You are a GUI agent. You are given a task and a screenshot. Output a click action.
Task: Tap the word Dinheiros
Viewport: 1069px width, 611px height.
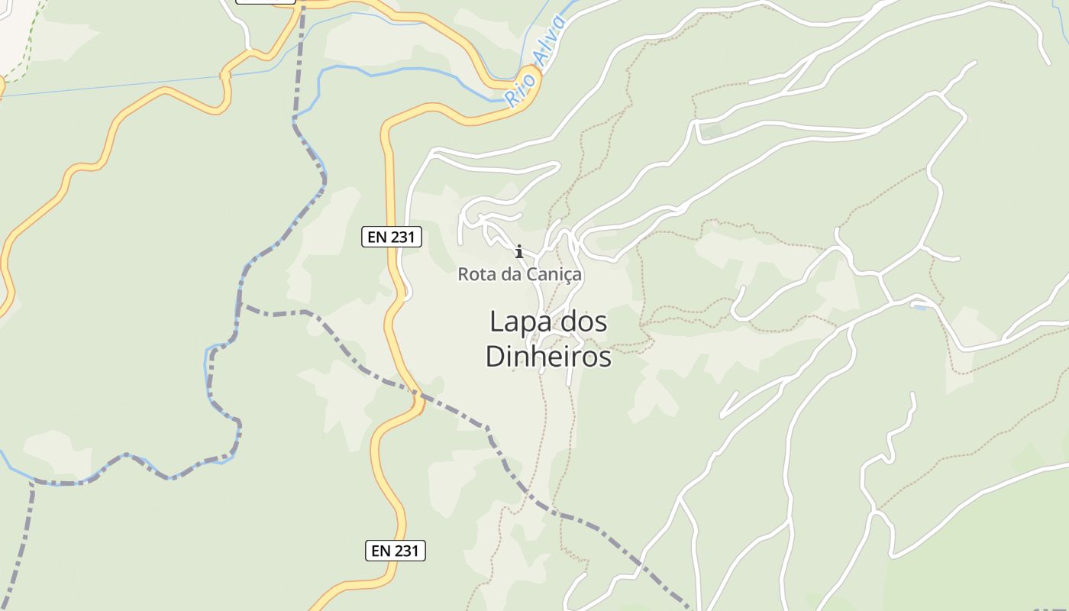(x=549, y=357)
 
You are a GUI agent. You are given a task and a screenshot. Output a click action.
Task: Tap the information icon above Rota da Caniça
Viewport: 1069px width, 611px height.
(x=519, y=251)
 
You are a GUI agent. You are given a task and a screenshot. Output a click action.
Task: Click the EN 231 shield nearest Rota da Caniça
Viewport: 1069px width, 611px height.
(x=391, y=237)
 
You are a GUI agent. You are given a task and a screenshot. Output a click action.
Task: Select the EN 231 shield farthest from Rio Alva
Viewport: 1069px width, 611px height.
(x=395, y=550)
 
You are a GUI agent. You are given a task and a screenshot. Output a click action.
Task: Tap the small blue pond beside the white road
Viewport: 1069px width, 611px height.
(x=919, y=307)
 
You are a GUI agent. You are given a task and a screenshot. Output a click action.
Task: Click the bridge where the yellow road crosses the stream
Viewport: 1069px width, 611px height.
(x=224, y=76)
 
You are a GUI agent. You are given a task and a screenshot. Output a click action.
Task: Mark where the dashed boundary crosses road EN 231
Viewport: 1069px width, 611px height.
(x=418, y=395)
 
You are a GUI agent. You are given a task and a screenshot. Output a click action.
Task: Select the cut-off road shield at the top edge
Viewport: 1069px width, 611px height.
(x=265, y=2)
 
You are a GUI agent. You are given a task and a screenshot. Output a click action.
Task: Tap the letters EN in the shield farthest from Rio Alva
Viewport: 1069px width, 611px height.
(x=379, y=550)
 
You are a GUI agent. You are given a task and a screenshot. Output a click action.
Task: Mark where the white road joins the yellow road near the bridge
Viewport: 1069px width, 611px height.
(x=249, y=50)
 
